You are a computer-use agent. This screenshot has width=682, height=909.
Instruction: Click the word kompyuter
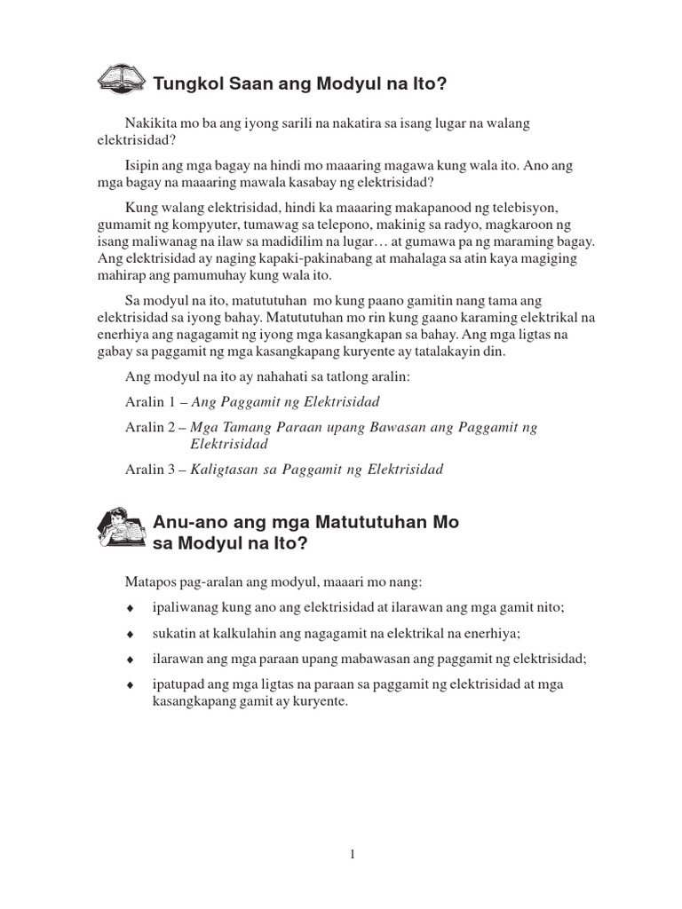(x=185, y=224)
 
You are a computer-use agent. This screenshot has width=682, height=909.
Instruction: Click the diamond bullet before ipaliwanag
(x=130, y=608)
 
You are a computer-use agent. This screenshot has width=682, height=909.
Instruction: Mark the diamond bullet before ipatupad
(x=130, y=684)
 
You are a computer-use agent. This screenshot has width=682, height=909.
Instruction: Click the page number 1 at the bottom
(x=353, y=854)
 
